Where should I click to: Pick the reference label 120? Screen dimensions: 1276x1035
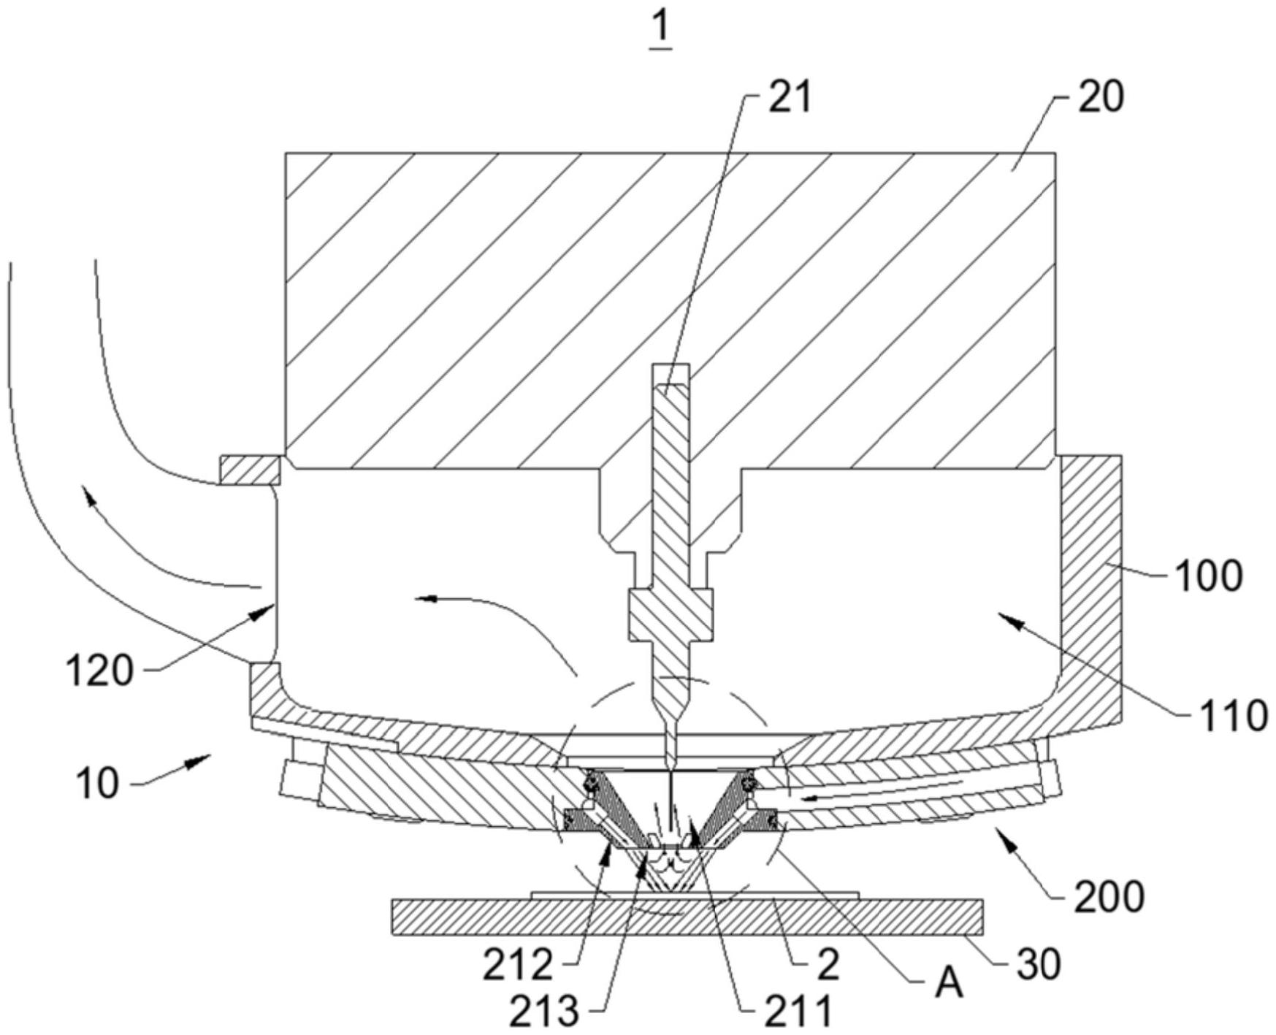point(100,671)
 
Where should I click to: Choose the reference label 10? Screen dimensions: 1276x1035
point(96,785)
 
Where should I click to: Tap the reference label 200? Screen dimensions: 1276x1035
point(1108,895)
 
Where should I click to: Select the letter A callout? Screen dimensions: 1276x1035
point(950,985)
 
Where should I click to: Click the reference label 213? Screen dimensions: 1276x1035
point(544,1012)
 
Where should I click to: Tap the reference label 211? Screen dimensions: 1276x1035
point(798,1012)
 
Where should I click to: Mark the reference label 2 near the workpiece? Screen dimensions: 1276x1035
point(829,965)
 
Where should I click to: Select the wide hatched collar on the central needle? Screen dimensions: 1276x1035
point(670,611)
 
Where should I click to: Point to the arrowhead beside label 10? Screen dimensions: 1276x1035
point(195,763)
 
